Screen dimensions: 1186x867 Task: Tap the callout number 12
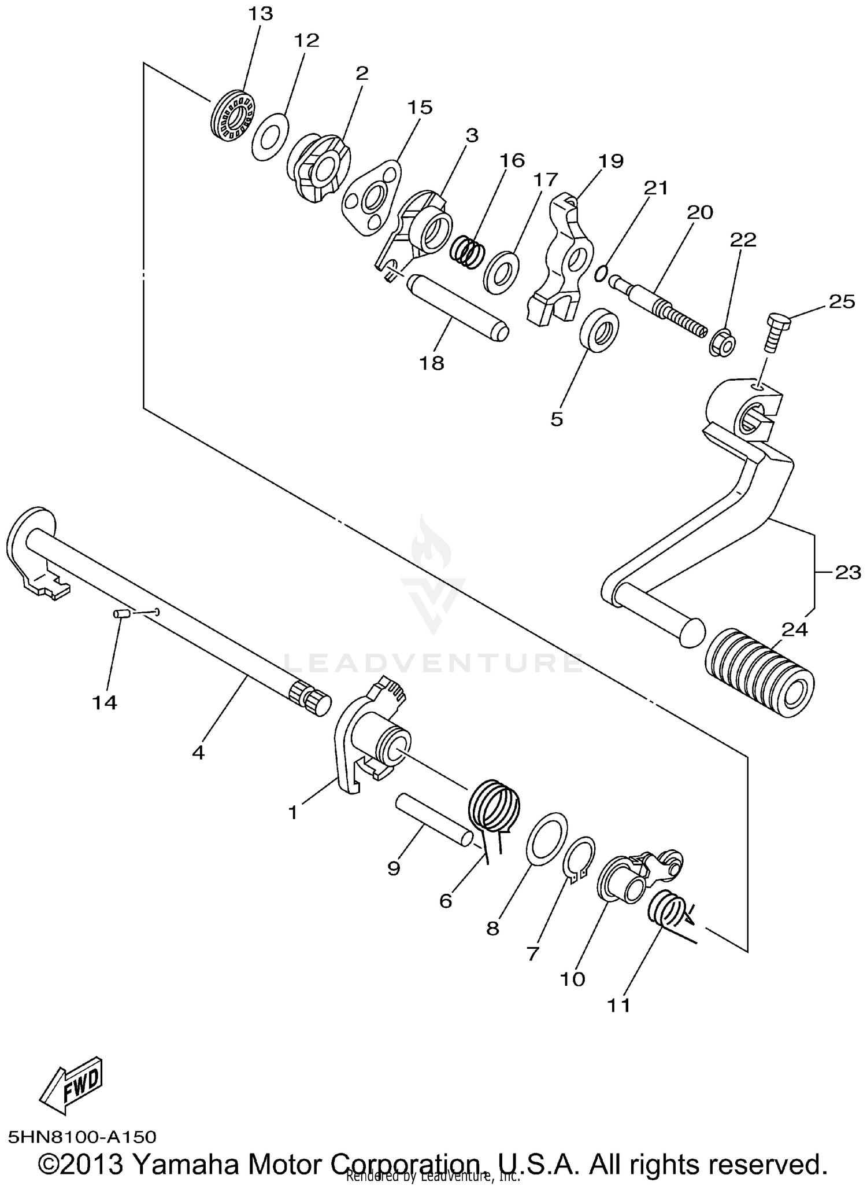click(x=306, y=40)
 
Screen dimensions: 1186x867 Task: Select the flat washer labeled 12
click(x=271, y=138)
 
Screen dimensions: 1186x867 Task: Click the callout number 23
click(x=847, y=572)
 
